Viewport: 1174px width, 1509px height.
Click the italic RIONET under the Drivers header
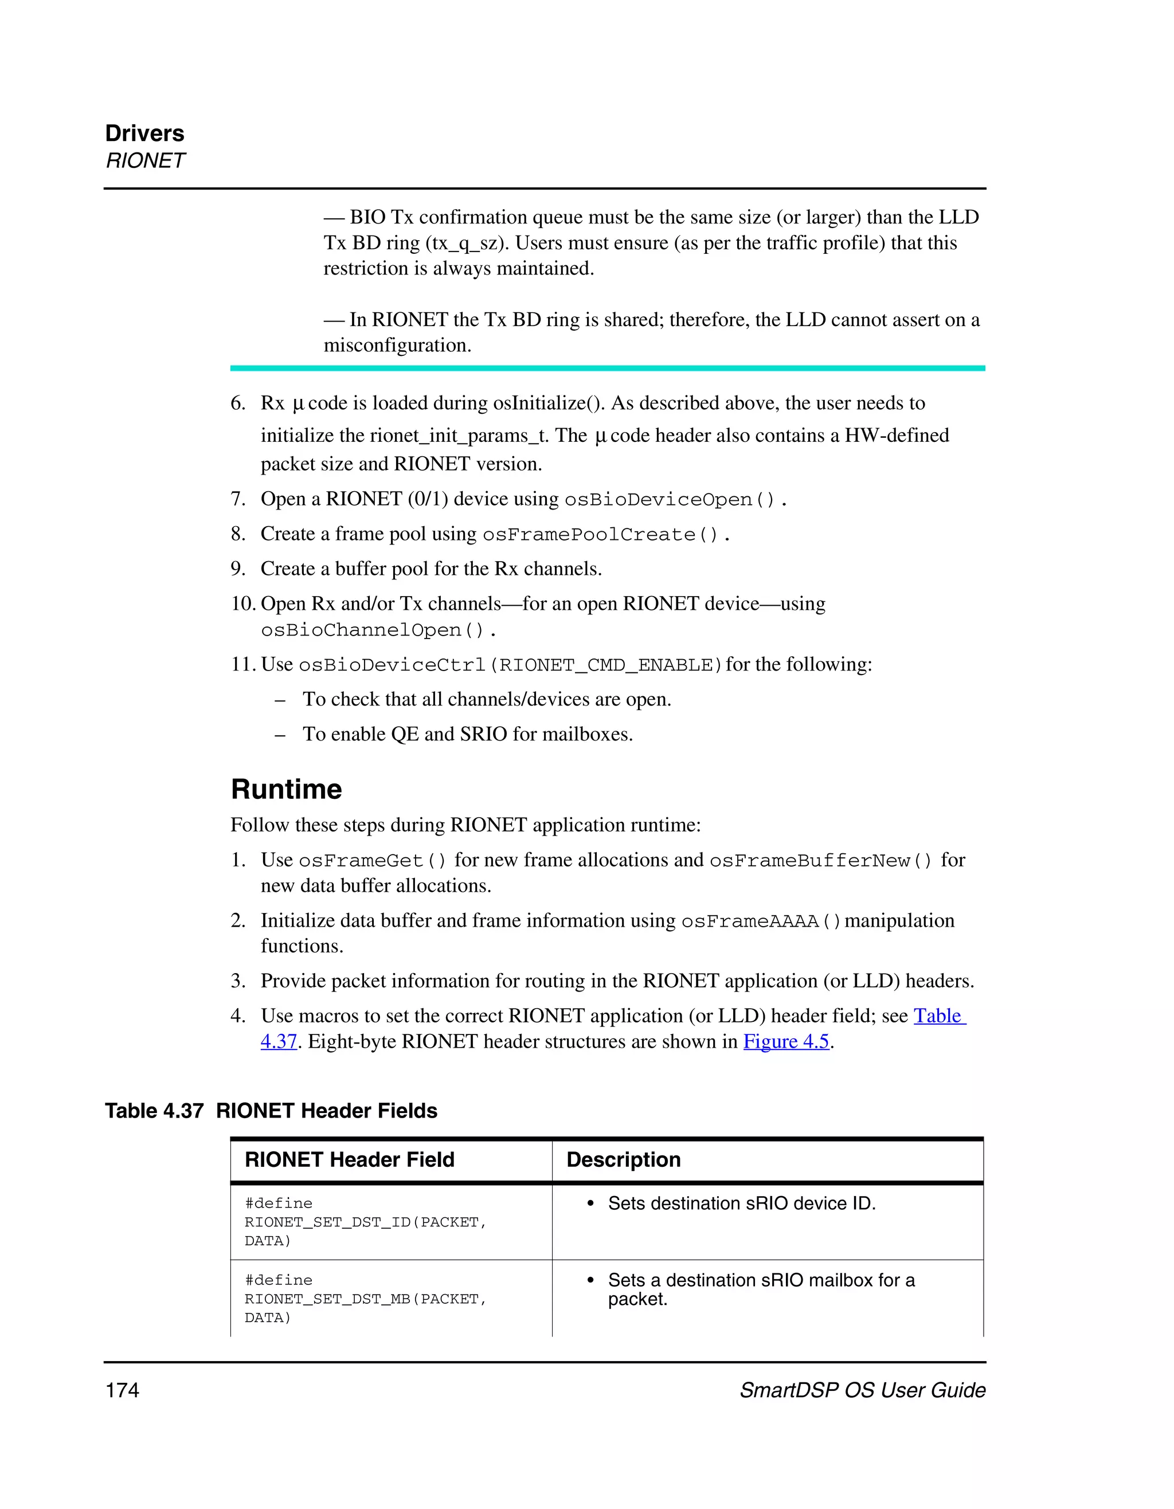click(145, 160)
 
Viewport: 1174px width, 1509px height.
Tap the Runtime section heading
click(286, 789)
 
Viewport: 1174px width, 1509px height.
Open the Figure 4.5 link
click(786, 1041)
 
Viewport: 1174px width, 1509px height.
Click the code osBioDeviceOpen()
click(670, 500)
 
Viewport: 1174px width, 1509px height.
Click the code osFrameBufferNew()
click(821, 861)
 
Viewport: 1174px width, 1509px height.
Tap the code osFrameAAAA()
click(760, 922)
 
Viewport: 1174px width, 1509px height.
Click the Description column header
click(623, 1159)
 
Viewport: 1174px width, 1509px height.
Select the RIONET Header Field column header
click(350, 1159)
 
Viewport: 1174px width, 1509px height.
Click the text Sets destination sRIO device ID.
click(741, 1203)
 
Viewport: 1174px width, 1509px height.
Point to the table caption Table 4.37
click(154, 1110)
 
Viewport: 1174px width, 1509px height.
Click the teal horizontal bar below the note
click(608, 369)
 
